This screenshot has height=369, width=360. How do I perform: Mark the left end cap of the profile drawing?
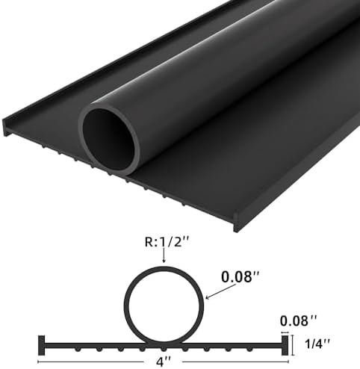point(42,344)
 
